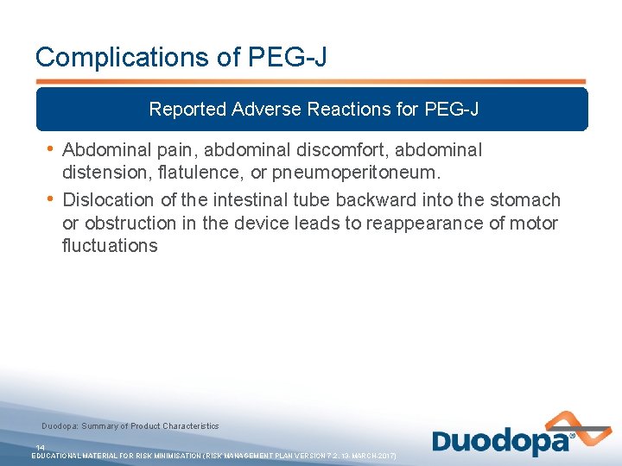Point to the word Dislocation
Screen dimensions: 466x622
[109, 200]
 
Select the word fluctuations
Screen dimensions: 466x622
[110, 246]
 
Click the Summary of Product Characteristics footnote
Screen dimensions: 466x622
[130, 426]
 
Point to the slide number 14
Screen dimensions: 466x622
[40, 447]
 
